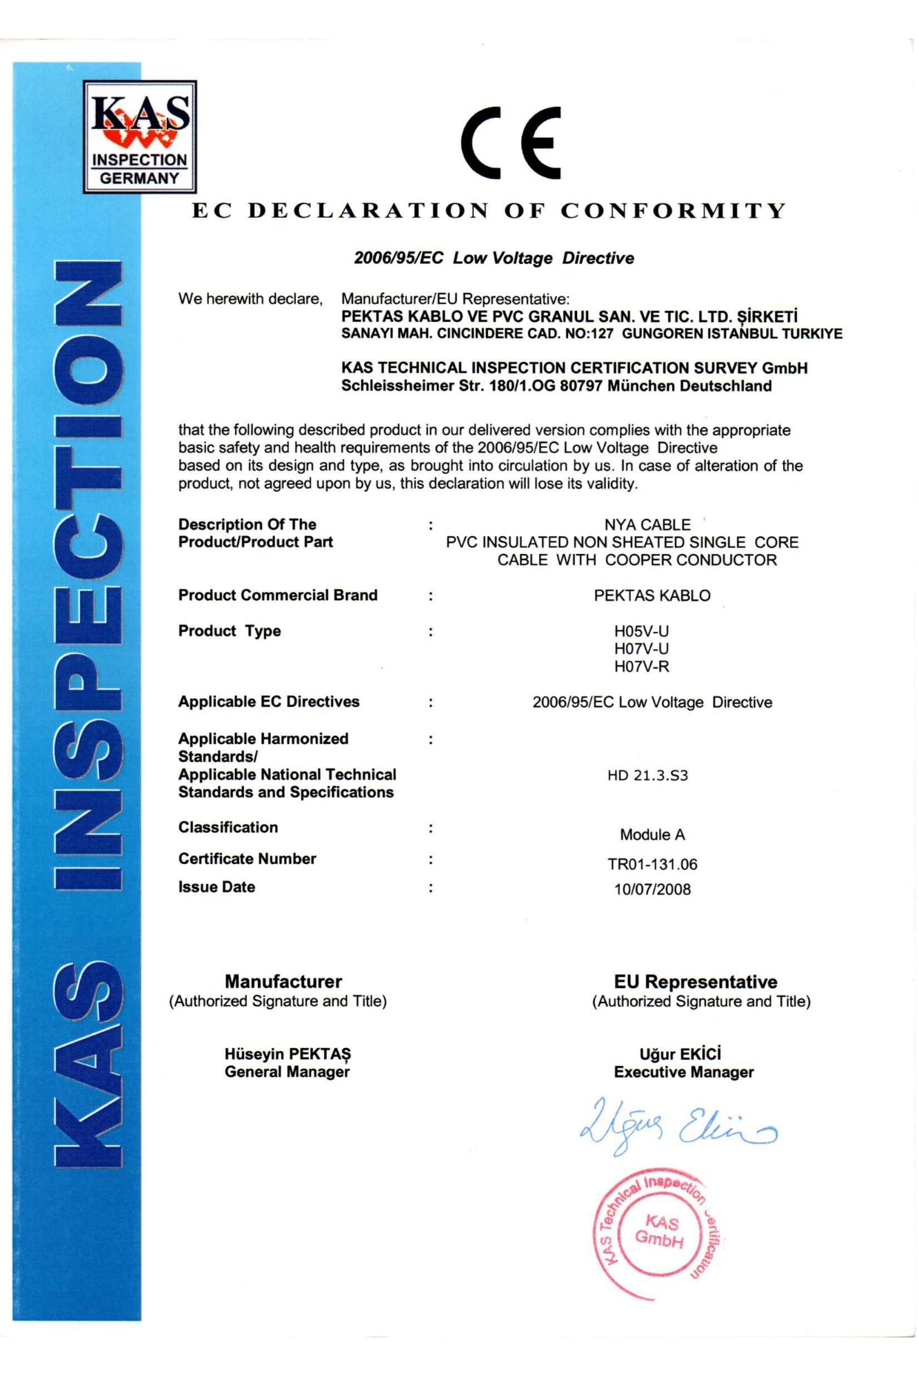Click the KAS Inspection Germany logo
coord(140,136)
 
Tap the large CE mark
coord(512,143)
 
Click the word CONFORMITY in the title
coord(673,210)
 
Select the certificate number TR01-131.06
coord(652,864)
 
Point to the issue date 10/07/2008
coord(652,889)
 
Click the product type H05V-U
coord(641,631)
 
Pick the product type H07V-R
coord(641,666)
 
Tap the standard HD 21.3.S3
coord(647,775)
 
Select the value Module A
coord(652,835)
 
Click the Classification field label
coord(228,827)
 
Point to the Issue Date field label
coord(216,887)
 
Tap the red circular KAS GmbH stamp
coord(658,1233)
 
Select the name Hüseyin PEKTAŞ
coord(287,1054)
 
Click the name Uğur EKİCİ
coord(680,1054)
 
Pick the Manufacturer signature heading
coord(283,981)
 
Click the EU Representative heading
coord(696,982)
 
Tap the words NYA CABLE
coord(647,525)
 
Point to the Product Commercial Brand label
coord(278,595)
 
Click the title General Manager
coord(287,1072)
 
